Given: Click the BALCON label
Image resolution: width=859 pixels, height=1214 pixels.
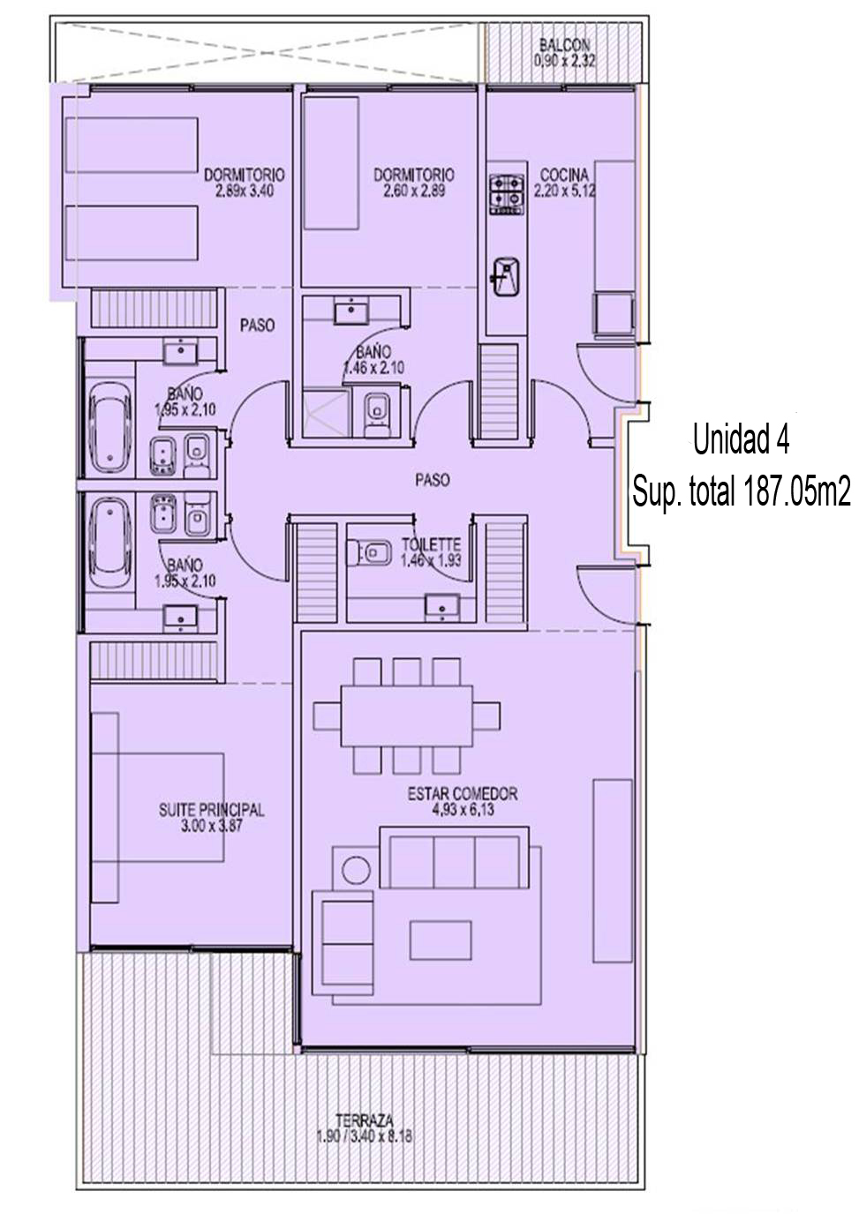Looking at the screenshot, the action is pos(564,45).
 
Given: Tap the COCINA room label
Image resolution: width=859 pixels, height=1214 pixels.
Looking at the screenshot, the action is pos(564,175).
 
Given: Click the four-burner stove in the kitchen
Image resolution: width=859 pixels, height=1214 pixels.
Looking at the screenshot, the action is pos(507,194).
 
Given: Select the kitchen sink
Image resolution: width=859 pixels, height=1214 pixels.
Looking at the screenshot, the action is pos(505,277).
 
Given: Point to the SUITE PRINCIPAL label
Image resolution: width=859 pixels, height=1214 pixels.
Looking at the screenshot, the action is pos(212,810).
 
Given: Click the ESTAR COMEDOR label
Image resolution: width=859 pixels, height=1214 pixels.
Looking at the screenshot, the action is pos(463,794).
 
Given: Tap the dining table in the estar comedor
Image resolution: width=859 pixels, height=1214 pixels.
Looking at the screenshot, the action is pos(407,716).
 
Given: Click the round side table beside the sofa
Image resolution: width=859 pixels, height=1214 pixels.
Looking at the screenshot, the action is pos(357,870).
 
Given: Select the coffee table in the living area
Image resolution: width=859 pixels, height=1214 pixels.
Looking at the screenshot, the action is pos(441,940).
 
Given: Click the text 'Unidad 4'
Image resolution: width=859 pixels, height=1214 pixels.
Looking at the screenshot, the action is pos(741,439).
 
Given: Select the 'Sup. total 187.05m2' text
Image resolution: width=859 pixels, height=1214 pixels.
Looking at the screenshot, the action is pos(742,491).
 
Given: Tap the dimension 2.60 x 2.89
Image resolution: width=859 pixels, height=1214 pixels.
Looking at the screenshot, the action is pos(414,191).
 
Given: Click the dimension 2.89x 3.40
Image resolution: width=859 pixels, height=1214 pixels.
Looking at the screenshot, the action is pos(245,191).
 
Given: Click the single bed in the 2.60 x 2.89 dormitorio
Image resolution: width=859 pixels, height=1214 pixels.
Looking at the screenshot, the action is pos(331,163).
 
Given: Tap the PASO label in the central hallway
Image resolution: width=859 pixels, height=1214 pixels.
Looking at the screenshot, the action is pos(433,480).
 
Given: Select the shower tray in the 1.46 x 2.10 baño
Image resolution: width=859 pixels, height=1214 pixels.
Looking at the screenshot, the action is pos(322,413).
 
